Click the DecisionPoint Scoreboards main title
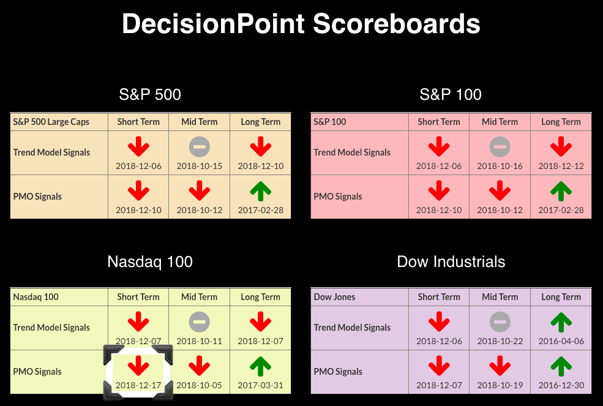point(301,24)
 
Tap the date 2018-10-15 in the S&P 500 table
point(199,166)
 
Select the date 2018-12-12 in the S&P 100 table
point(561,166)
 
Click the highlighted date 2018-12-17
point(138,385)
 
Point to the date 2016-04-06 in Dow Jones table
point(561,341)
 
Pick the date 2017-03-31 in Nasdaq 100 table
point(260,385)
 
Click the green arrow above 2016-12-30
point(561,366)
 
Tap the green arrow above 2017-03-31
point(260,366)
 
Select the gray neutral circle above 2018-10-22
point(500,321)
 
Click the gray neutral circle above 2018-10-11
point(199,321)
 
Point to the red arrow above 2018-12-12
point(561,146)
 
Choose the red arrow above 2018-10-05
point(199,366)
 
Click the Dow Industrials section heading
point(451,261)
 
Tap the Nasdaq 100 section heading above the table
point(150,261)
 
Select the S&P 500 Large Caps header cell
point(51,122)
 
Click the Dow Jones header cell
point(335,297)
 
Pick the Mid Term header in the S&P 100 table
point(500,122)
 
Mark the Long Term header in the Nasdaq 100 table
point(260,297)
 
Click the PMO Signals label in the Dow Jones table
point(338,372)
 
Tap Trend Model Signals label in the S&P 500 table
point(51,152)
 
